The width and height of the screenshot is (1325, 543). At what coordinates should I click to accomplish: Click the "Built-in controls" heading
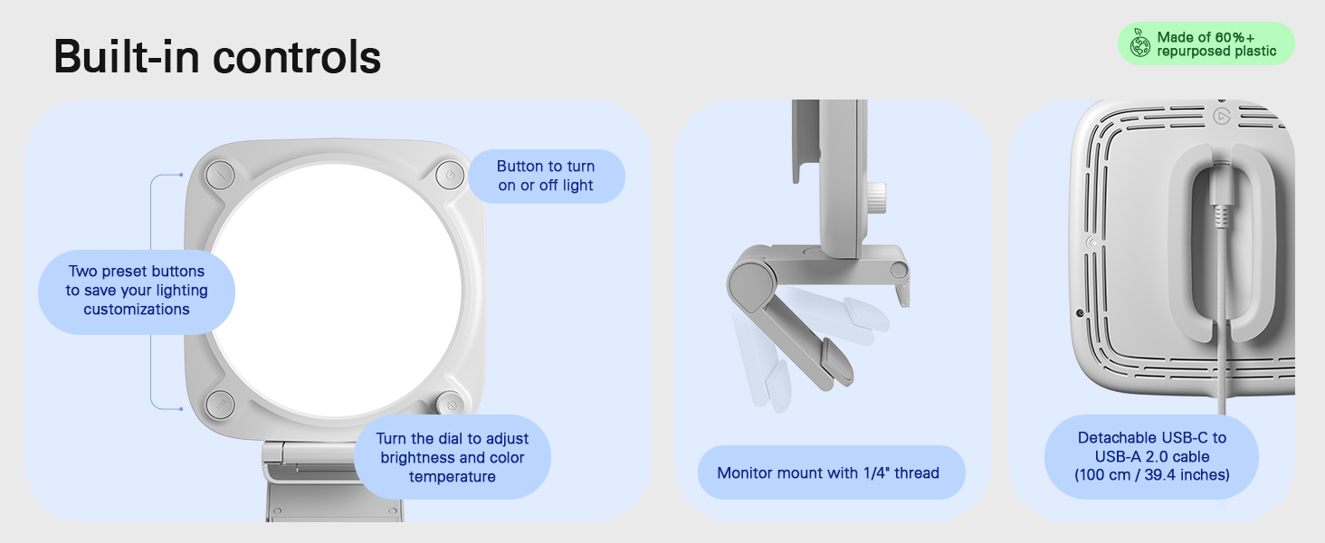[217, 57]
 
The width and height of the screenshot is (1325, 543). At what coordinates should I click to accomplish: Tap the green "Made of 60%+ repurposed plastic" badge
[1206, 43]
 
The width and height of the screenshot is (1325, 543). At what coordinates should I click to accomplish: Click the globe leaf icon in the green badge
[1139, 43]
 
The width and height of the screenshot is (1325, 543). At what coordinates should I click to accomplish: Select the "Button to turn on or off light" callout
[547, 176]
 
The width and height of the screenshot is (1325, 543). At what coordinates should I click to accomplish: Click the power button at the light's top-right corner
[450, 175]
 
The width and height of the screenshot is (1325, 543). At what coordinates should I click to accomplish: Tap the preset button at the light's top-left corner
[220, 175]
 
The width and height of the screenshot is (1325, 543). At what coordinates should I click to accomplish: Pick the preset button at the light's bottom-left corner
[220, 405]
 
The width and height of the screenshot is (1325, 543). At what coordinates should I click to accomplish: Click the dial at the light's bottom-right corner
[451, 404]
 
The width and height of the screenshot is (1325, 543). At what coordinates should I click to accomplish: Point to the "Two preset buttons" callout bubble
[137, 291]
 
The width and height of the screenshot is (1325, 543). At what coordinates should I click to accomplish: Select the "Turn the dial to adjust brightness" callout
[453, 457]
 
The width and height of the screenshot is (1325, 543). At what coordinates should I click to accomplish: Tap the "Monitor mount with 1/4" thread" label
[831, 472]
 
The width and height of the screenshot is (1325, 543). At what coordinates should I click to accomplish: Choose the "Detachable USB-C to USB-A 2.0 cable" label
[1152, 457]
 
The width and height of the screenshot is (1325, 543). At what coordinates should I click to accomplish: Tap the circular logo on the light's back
[1222, 116]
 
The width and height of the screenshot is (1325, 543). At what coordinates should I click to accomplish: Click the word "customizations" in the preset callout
[137, 310]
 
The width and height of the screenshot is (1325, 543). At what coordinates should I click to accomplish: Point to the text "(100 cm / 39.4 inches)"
[1152, 475]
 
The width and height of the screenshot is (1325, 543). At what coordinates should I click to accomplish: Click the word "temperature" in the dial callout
[453, 477]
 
